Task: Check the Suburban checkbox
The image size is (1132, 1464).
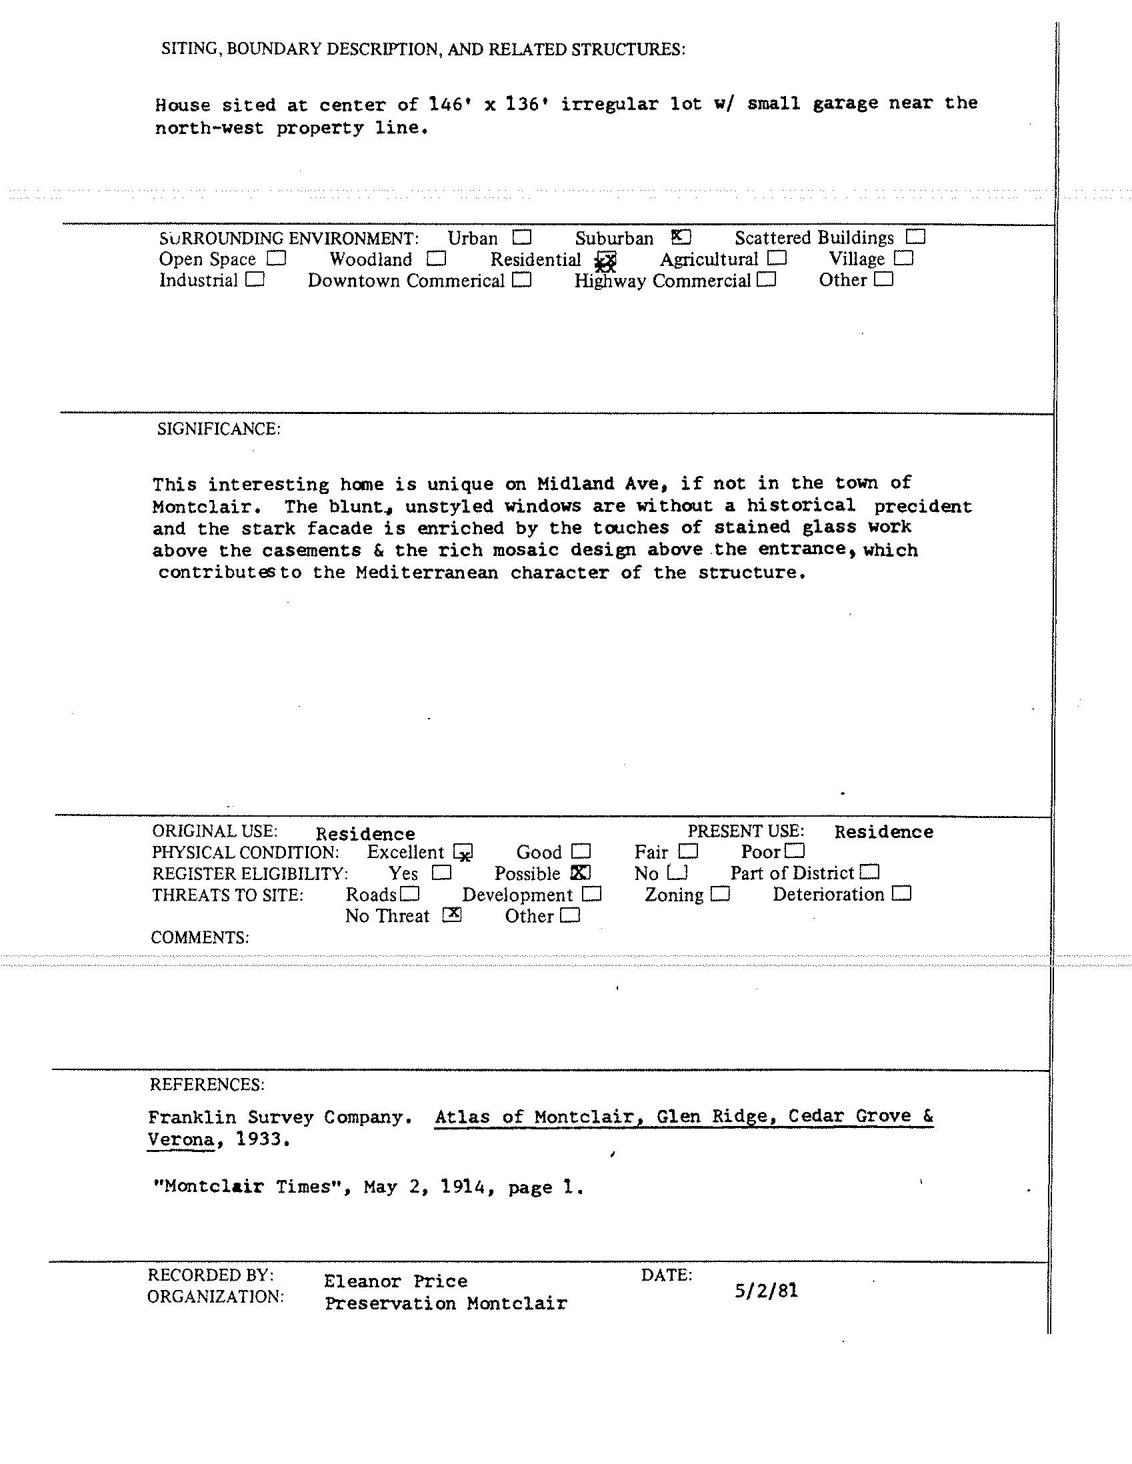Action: pyautogui.click(x=681, y=237)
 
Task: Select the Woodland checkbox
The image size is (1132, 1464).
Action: pyautogui.click(x=436, y=259)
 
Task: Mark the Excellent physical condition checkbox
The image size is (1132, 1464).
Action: pyautogui.click(x=463, y=853)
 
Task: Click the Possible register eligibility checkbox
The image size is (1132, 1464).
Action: pyautogui.click(x=581, y=873)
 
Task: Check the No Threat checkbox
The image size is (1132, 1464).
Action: pyautogui.click(x=453, y=915)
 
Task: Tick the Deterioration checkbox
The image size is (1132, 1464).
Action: pyautogui.click(x=902, y=894)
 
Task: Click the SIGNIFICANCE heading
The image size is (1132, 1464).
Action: pyautogui.click(x=219, y=429)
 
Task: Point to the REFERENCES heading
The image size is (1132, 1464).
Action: pyautogui.click(x=207, y=1085)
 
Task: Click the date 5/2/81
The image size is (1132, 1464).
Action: pyautogui.click(x=766, y=1291)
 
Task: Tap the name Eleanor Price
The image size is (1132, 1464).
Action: pyautogui.click(x=395, y=1281)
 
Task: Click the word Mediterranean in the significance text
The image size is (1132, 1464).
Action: pyautogui.click(x=427, y=573)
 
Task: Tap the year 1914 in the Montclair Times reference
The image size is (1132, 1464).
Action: pyautogui.click(x=463, y=1187)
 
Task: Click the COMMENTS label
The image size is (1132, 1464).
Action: pyautogui.click(x=200, y=938)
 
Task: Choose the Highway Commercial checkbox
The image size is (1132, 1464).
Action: pyautogui.click(x=767, y=279)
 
